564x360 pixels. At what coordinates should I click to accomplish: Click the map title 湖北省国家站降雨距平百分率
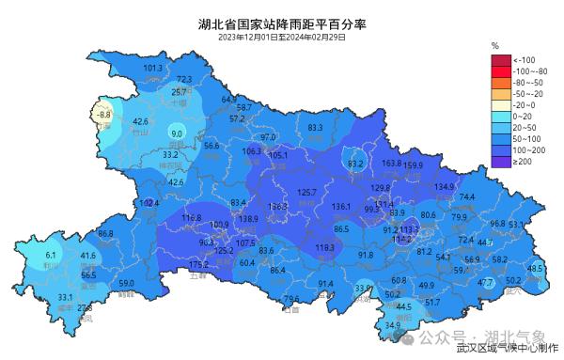click(282, 23)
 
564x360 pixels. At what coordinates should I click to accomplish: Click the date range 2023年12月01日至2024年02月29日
click(282, 38)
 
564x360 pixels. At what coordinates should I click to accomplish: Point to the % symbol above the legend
click(494, 45)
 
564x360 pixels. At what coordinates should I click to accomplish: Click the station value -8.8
click(103, 115)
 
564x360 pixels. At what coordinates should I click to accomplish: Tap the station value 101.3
click(153, 68)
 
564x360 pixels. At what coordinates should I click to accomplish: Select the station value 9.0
click(176, 133)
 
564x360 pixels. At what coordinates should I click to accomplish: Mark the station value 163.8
click(392, 163)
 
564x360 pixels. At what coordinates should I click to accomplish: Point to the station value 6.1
click(52, 255)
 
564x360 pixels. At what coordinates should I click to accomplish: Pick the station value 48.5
click(535, 268)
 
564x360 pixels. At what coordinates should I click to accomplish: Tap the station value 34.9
click(393, 325)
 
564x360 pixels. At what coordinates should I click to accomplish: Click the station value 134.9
click(445, 186)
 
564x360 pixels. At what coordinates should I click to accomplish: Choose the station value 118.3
click(325, 247)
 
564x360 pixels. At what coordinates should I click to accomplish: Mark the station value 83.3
click(315, 127)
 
